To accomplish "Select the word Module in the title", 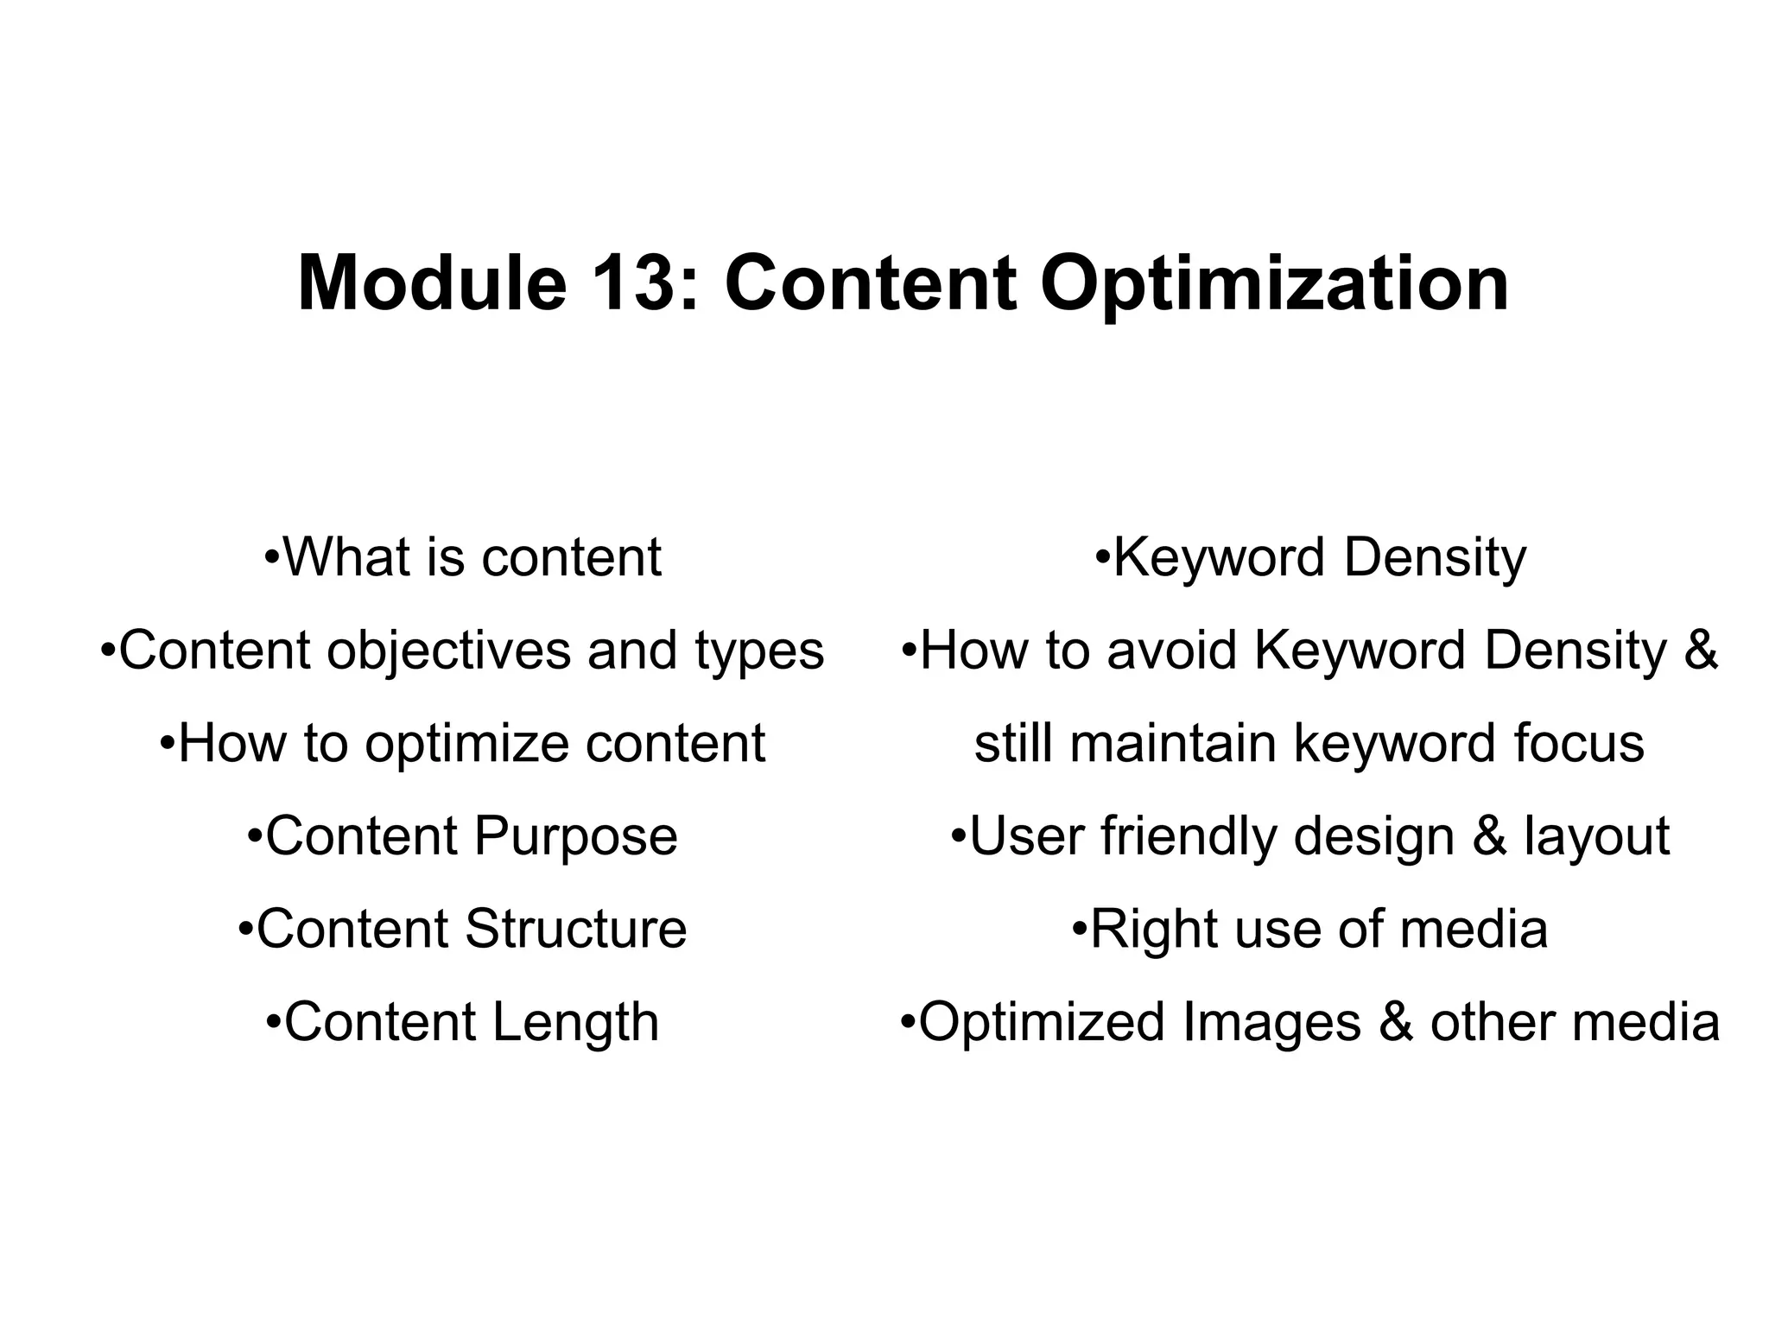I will point(431,283).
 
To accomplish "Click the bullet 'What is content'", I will point(463,557).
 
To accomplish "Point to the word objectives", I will point(447,651).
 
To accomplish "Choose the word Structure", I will point(575,929).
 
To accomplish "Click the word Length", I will point(575,1023).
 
